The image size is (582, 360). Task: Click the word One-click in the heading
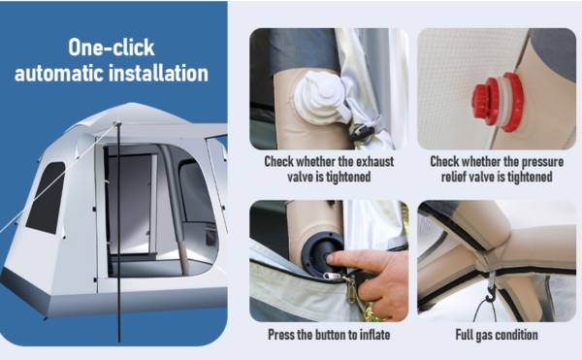click(x=112, y=48)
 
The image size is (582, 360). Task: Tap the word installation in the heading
click(x=158, y=73)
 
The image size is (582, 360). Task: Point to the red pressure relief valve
click(x=498, y=102)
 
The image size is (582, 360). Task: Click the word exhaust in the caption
click(x=374, y=162)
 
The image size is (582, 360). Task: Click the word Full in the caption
click(x=464, y=335)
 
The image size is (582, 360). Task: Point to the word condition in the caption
click(x=517, y=335)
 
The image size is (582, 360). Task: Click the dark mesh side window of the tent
click(x=46, y=199)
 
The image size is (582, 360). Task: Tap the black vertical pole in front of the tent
click(x=118, y=232)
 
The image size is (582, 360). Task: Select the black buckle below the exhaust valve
click(x=361, y=133)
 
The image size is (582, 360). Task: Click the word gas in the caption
click(x=483, y=336)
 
